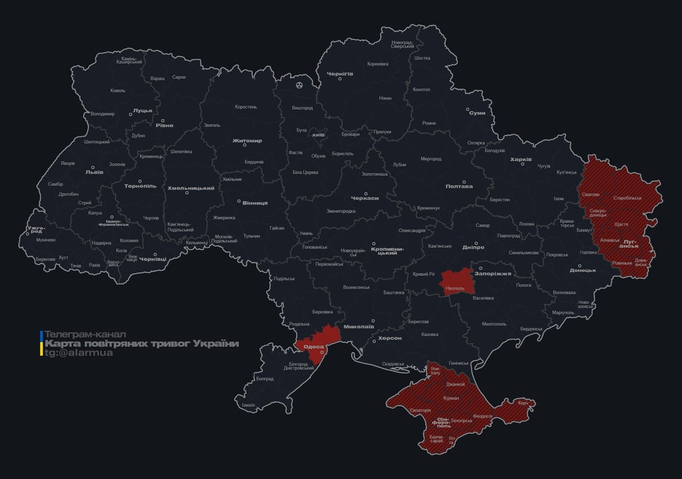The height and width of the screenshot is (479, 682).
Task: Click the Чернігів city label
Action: coord(340,74)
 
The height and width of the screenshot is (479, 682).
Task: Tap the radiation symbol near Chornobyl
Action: coord(300,84)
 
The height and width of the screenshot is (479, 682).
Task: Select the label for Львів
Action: coord(94,173)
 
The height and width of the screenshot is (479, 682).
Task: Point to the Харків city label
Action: coord(521,160)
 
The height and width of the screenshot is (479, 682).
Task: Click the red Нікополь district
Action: coord(454,284)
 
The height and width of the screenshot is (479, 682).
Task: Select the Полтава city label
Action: coord(459,186)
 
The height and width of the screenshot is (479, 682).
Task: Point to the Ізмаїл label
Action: coord(248,405)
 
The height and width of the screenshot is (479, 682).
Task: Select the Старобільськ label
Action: coord(627,198)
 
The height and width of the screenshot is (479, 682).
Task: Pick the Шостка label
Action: coord(422,58)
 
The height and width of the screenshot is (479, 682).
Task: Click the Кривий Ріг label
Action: coord(424,274)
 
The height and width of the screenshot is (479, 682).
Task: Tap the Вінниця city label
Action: coord(255,203)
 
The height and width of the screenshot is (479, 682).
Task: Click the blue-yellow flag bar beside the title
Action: coord(41,344)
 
